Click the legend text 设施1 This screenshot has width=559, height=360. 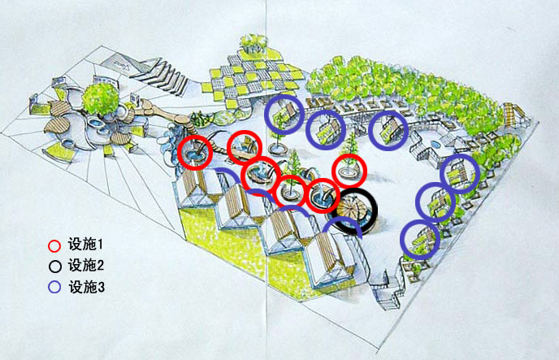(x=86, y=245)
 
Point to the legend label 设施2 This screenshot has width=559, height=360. (x=86, y=265)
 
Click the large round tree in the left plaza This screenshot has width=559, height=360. (x=101, y=98)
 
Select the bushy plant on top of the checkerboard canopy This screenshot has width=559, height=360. (x=253, y=43)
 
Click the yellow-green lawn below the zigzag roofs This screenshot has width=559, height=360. (x=228, y=242)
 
